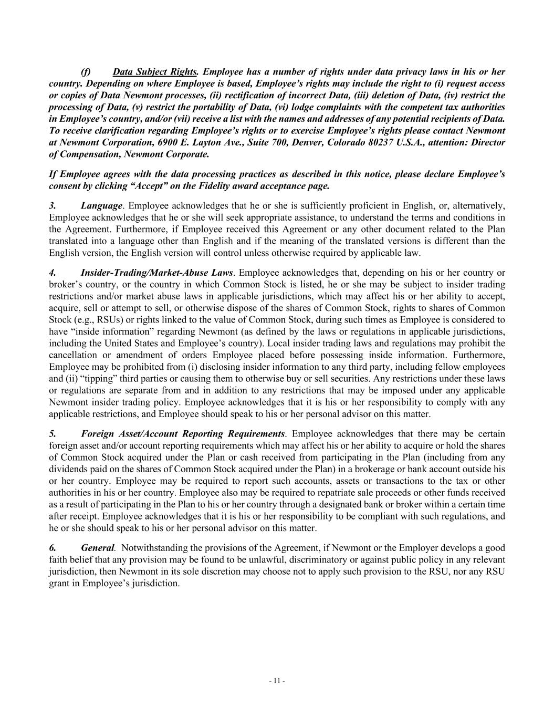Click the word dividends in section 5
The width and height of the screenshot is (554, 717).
67,469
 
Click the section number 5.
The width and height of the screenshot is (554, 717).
52,434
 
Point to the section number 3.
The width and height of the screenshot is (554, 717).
52,205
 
